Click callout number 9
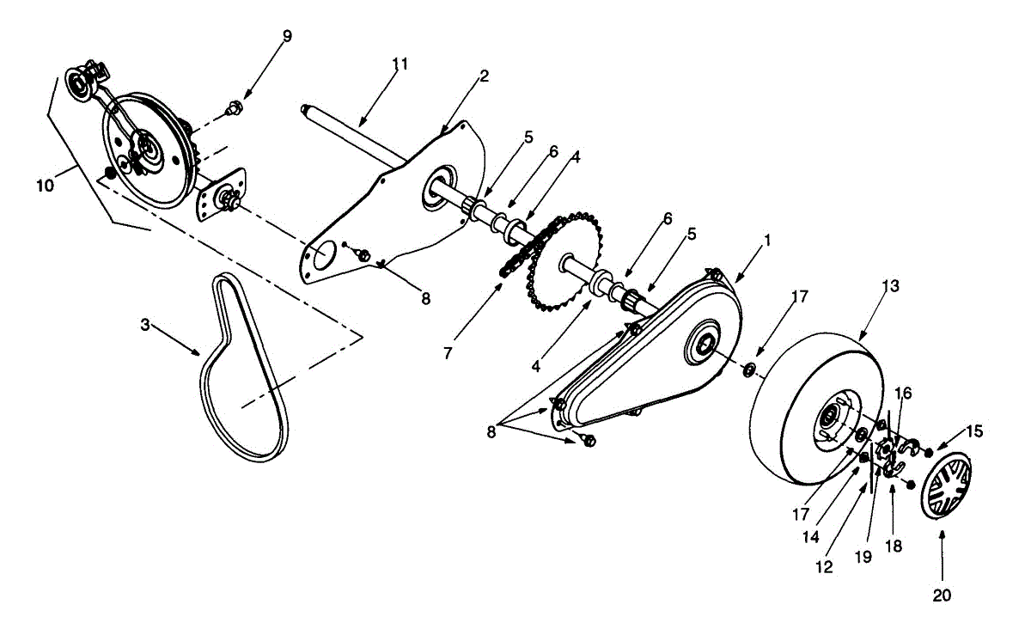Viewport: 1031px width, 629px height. click(287, 35)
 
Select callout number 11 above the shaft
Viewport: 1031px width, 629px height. click(400, 64)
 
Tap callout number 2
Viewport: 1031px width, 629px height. click(484, 76)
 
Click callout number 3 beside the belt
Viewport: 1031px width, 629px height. click(145, 324)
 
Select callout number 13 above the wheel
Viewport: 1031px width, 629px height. click(890, 285)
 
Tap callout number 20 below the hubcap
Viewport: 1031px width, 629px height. click(942, 594)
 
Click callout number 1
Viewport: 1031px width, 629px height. click(767, 241)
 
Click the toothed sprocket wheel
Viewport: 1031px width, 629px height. click(558, 258)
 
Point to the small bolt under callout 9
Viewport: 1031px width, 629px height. click(232, 109)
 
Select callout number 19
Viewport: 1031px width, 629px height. click(863, 556)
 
